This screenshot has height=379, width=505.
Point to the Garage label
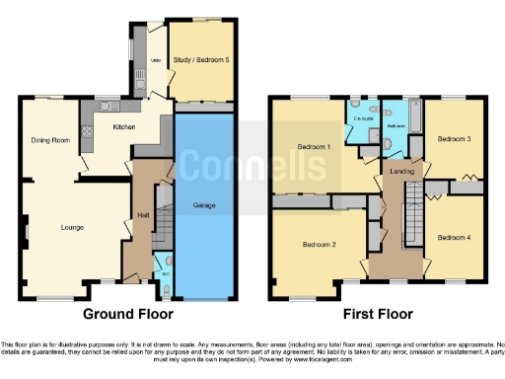coord(205,206)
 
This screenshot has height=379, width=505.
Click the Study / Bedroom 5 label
coord(201,61)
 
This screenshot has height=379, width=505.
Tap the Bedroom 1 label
coord(314,147)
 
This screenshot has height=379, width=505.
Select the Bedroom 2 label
coord(320,244)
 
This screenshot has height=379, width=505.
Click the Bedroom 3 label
coord(455,139)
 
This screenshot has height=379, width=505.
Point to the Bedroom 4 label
coord(455,237)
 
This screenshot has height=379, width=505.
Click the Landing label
coord(402,172)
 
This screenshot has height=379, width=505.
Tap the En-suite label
coord(363,116)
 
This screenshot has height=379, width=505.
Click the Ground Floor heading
coord(127,314)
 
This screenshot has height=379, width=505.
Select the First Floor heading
coord(378,314)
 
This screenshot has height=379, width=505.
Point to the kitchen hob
coord(86,128)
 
